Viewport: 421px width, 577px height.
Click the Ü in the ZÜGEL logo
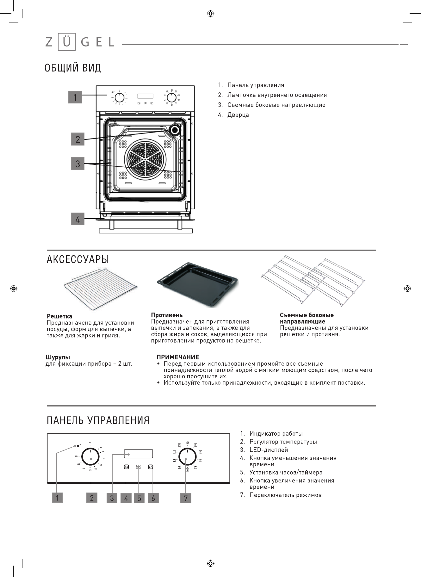pos(67,42)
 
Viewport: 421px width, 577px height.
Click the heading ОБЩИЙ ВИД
pos(73,68)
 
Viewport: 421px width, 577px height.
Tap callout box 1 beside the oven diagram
pos(75,97)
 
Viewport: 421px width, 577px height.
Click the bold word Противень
pos(167,315)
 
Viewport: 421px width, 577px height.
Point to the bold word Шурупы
pos(58,357)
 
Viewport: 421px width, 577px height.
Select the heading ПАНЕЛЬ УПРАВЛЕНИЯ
pos(98,420)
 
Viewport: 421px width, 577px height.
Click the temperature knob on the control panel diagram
pos(91,458)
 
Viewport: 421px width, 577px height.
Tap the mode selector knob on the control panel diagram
pos(186,459)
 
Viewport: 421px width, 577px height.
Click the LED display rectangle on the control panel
pos(138,454)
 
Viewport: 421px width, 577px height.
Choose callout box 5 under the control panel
pos(139,498)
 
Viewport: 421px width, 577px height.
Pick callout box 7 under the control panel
pos(186,498)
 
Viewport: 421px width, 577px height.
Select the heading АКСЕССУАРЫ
pos(78,259)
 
